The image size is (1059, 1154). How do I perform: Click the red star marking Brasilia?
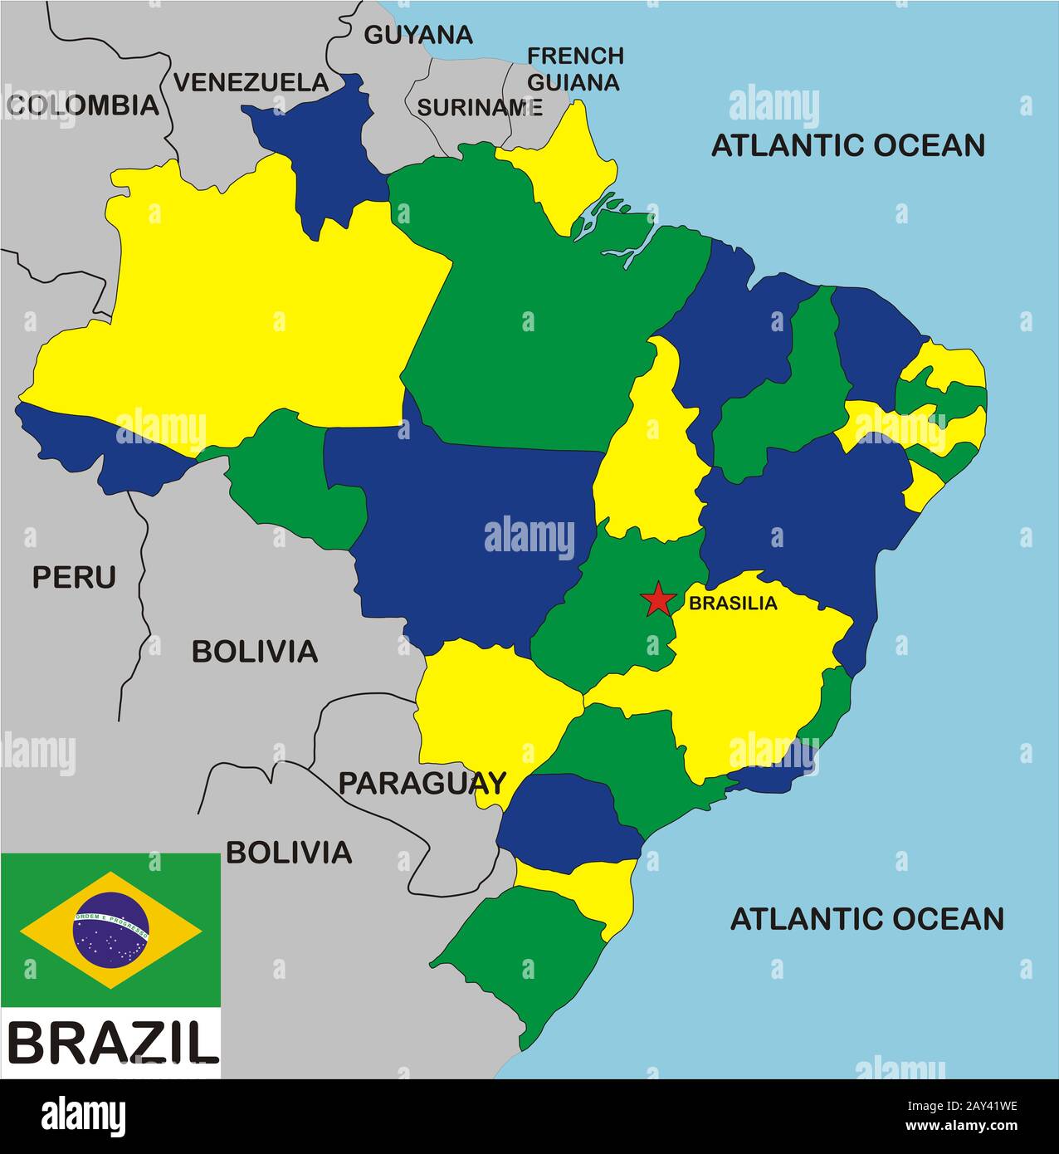coord(658,599)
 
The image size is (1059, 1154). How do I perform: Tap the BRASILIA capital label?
coord(733,604)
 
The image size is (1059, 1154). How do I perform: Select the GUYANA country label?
coord(418,34)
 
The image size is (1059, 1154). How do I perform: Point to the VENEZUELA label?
coord(251,82)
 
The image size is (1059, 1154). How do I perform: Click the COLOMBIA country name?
coord(82,105)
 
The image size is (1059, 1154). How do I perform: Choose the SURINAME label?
coord(479,107)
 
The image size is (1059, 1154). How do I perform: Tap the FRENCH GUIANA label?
coord(575,69)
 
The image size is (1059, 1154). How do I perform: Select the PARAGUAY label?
coord(422,782)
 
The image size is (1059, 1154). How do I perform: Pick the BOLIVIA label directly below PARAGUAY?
coord(289,852)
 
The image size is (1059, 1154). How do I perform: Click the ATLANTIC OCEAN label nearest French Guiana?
coord(847,144)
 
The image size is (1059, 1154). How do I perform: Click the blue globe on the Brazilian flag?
coord(110,930)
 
